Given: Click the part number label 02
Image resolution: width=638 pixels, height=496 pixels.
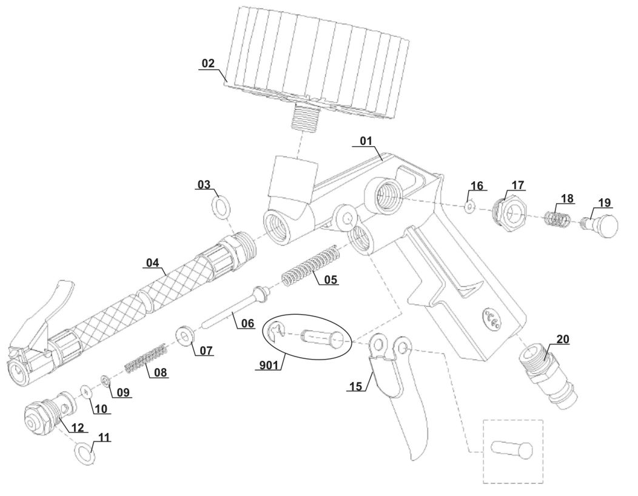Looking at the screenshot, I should click(208, 63).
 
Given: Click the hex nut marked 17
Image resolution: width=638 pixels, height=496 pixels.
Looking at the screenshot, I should click(508, 212).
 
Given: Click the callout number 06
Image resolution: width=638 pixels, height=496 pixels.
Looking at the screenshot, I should click(247, 323).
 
